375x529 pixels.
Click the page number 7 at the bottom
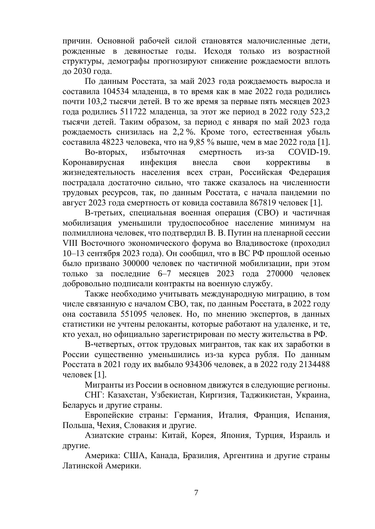click(196, 493)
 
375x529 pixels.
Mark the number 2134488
click(314, 365)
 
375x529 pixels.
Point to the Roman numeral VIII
click(70, 243)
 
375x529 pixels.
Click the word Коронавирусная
click(93, 163)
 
